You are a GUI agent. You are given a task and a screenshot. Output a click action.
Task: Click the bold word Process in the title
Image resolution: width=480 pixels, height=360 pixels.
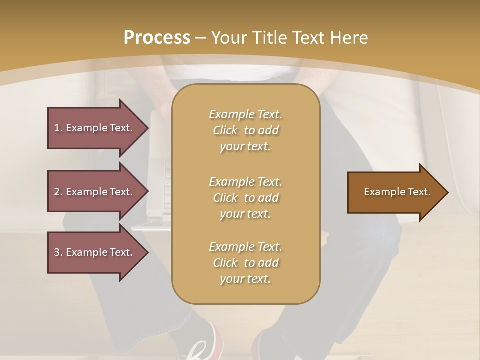pyautogui.click(x=157, y=38)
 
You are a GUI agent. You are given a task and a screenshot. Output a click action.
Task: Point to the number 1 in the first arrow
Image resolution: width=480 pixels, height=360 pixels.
pyautogui.click(x=57, y=128)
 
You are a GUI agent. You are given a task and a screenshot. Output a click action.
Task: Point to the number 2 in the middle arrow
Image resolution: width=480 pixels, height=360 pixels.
pyautogui.click(x=57, y=192)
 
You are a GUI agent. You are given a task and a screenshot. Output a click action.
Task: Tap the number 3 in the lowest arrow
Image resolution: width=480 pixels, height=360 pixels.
pyautogui.click(x=57, y=252)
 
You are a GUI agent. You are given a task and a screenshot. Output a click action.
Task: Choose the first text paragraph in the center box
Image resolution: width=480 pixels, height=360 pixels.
pyautogui.click(x=245, y=130)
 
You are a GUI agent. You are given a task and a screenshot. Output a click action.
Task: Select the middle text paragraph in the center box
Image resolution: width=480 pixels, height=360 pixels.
pyautogui.click(x=245, y=198)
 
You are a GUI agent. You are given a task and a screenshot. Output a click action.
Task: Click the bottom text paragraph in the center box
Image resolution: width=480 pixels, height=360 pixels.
pyautogui.click(x=245, y=263)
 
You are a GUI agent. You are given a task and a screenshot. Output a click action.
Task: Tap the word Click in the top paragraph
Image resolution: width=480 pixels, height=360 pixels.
pyautogui.click(x=225, y=130)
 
